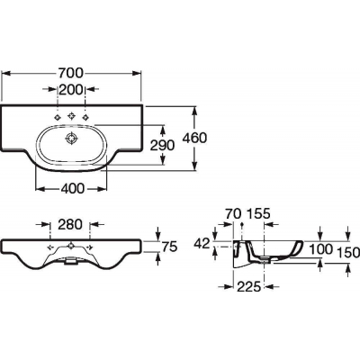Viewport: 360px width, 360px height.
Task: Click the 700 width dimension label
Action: coord(70,73)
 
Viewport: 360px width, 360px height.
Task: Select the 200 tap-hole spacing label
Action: coord(71,89)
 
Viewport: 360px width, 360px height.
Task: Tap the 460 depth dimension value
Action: coord(195,138)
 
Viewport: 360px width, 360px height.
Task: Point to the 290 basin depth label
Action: coord(162,146)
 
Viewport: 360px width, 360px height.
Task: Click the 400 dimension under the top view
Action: coord(72,189)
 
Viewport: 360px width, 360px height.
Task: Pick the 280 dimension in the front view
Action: coord(69,224)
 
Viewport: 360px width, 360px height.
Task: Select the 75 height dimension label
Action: coord(170,247)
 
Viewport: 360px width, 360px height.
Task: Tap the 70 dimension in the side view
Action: coord(232,213)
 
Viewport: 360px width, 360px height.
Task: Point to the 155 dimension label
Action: coord(258,213)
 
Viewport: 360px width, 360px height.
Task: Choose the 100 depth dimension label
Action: coord(320,248)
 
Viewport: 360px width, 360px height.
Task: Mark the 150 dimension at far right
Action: coord(348,253)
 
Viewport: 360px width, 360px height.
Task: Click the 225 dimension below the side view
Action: coord(248,287)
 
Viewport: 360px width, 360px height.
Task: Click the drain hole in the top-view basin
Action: coord(72,139)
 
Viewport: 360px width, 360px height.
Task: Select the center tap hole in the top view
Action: coord(71,115)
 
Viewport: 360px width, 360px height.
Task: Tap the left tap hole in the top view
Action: coord(57,117)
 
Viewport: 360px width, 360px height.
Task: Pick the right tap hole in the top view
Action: coord(86,117)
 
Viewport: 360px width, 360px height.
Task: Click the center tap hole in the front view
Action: coord(71,247)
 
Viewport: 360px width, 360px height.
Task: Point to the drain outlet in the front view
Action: coord(71,261)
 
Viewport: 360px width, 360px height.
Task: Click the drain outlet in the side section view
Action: coord(264,259)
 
